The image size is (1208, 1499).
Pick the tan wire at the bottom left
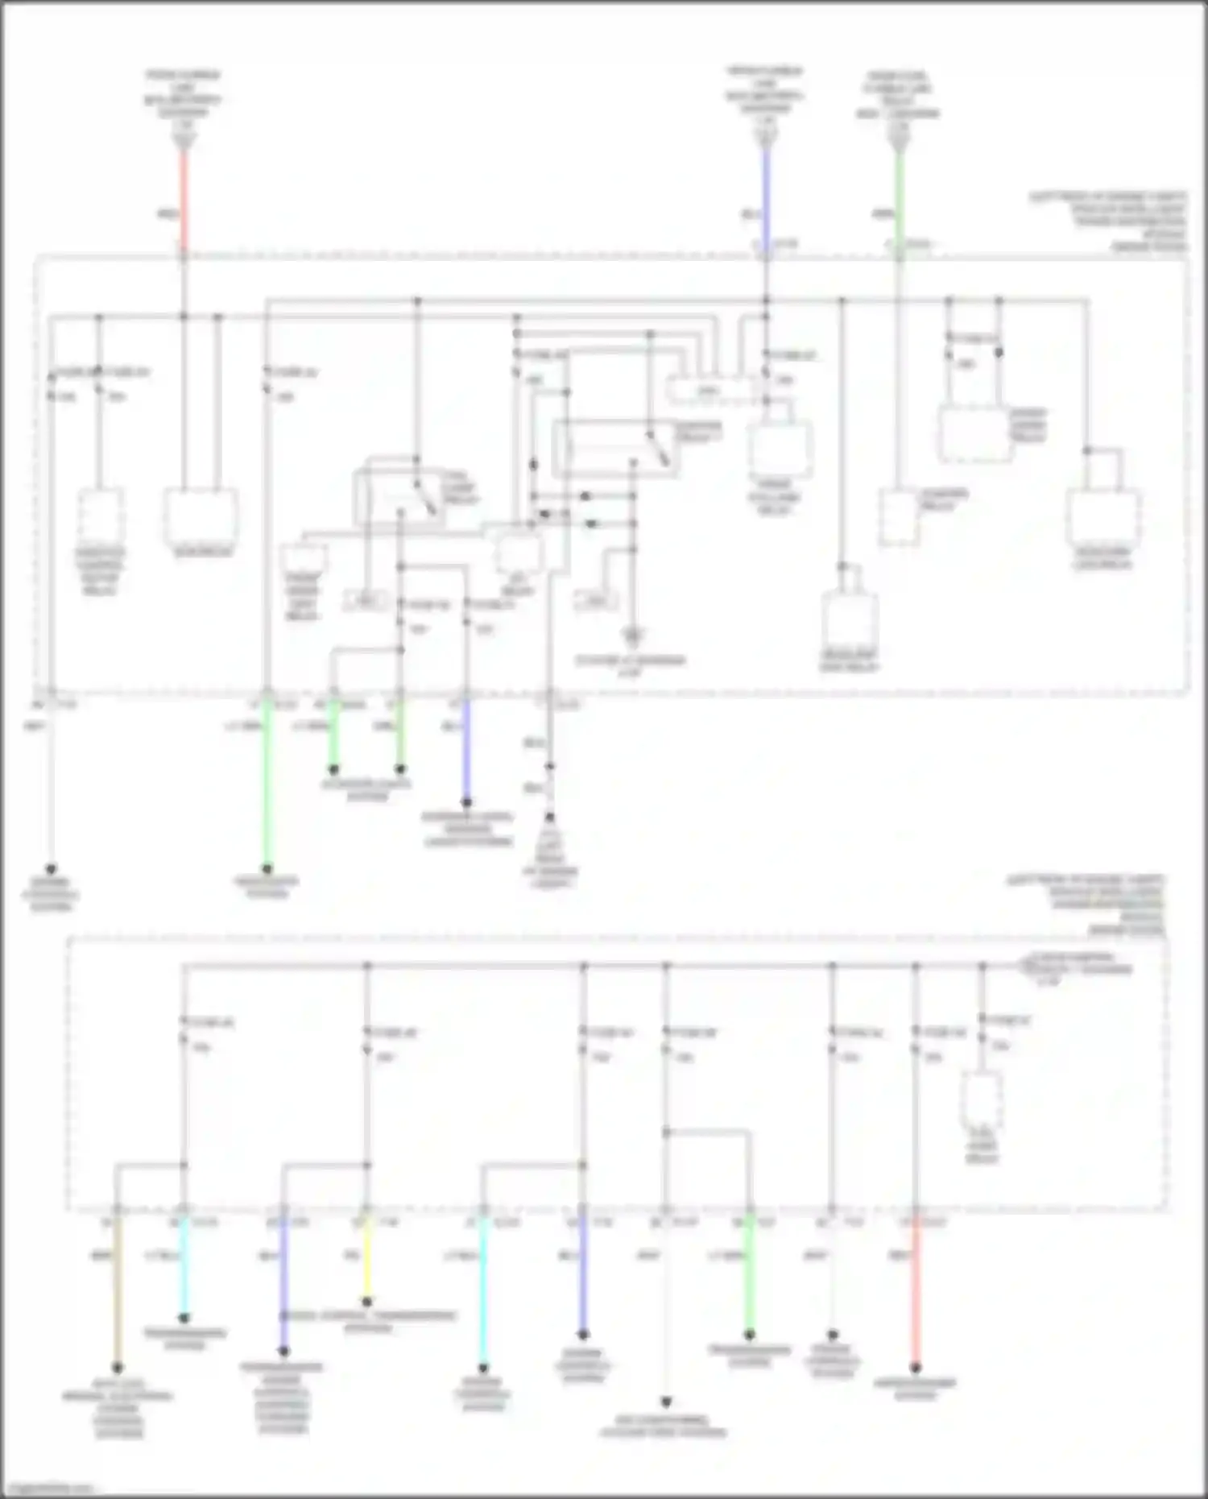(x=118, y=1289)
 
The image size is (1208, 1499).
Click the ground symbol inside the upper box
(x=633, y=637)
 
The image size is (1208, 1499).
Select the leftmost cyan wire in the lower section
(x=184, y=1265)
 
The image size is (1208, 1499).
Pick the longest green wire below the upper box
(x=267, y=781)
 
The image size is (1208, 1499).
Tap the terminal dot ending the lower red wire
(x=916, y=1368)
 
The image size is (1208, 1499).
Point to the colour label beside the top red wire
(x=167, y=214)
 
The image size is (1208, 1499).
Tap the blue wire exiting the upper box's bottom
(x=466, y=749)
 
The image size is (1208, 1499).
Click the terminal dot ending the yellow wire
(x=367, y=1302)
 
